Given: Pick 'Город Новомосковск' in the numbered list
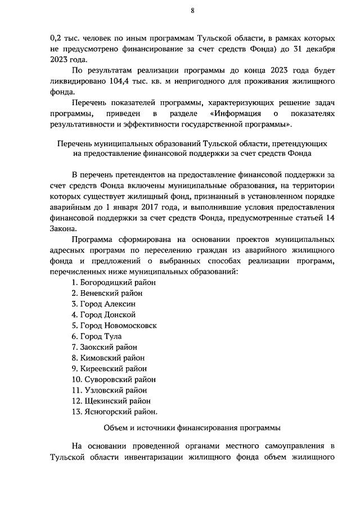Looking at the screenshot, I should (x=119, y=326).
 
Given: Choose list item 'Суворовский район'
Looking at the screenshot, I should (x=113, y=380).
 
